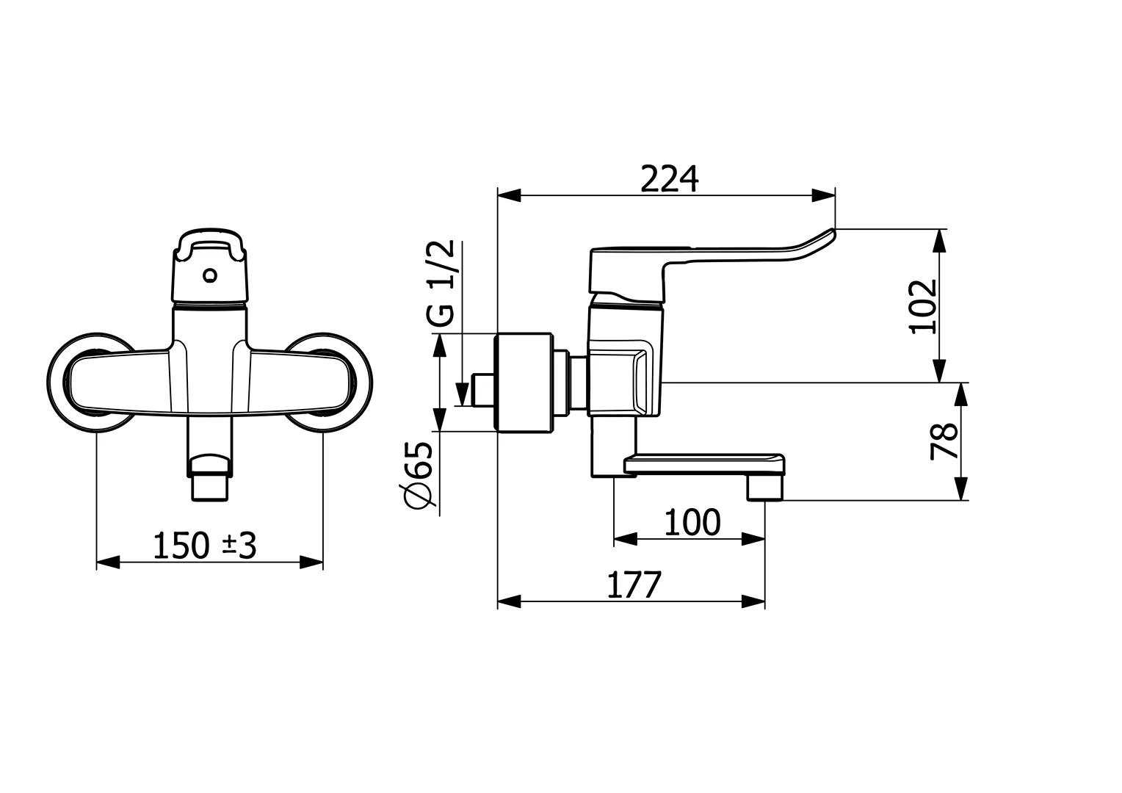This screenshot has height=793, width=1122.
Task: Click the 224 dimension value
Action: tap(669, 178)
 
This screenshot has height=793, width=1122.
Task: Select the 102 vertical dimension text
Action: tap(924, 306)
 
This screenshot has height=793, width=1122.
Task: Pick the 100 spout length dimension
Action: tap(692, 523)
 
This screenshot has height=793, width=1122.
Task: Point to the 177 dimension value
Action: tap(635, 584)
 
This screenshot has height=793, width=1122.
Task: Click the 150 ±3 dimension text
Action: tap(205, 546)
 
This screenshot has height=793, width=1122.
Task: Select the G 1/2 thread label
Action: tap(441, 283)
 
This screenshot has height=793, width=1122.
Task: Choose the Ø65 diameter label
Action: tap(420, 475)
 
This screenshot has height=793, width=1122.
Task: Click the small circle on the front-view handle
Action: tap(211, 276)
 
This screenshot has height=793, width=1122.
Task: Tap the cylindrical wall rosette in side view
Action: tap(524, 383)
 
